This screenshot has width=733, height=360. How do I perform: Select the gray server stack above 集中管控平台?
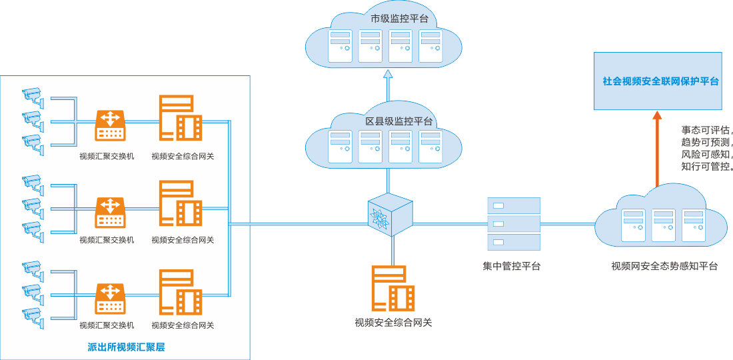tap(513, 223)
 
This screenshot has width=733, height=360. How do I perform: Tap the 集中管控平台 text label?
tap(512, 267)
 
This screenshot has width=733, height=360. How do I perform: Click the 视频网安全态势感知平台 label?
tap(664, 267)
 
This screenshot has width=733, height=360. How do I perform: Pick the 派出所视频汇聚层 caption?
tap(126, 347)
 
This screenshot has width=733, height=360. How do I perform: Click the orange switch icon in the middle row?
tap(110, 211)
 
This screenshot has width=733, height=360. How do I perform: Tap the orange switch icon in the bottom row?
tap(110, 298)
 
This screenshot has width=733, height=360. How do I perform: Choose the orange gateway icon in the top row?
tap(180, 118)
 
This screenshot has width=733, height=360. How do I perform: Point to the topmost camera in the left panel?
tap(31, 95)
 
